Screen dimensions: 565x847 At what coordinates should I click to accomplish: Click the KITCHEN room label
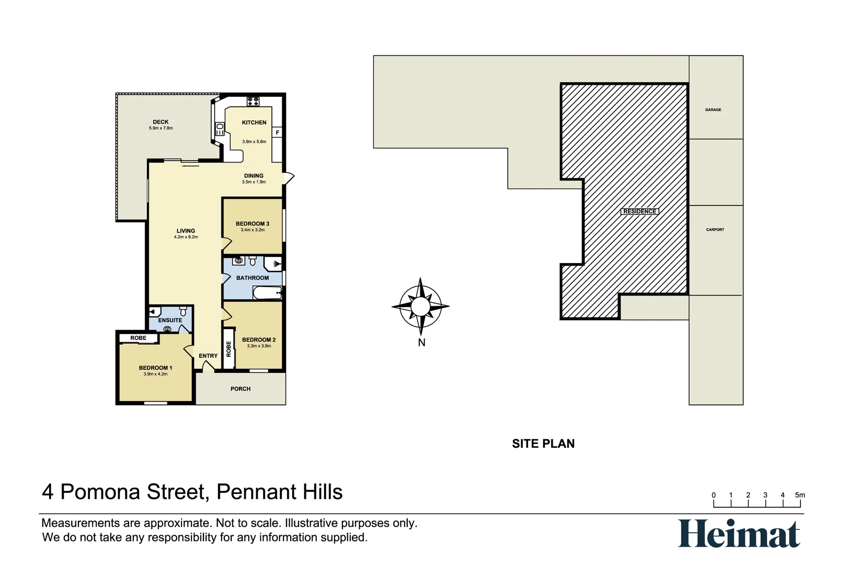tap(254, 122)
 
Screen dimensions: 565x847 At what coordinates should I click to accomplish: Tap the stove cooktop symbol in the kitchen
tap(253, 101)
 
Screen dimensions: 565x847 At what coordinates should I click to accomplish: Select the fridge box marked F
tap(277, 132)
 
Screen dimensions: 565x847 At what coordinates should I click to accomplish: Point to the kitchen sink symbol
tap(220, 129)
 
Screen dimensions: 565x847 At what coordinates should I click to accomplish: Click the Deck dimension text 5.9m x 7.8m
tap(161, 128)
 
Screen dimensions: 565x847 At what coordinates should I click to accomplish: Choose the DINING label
tap(254, 176)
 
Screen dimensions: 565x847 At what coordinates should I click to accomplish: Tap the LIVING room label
tap(186, 231)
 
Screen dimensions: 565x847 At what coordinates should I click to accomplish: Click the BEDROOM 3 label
tap(253, 224)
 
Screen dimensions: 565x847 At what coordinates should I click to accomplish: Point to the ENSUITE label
tap(170, 320)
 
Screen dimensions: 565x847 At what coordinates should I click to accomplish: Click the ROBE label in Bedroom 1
tap(138, 338)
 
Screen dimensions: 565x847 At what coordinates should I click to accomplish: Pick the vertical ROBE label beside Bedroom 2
tap(228, 348)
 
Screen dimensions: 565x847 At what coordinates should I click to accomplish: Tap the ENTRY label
tap(208, 356)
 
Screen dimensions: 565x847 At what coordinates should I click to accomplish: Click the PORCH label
tap(241, 389)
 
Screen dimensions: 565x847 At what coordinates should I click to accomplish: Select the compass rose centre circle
tap(420, 306)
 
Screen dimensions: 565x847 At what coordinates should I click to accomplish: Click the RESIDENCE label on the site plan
tap(639, 211)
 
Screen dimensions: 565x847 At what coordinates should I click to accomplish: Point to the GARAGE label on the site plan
tap(713, 110)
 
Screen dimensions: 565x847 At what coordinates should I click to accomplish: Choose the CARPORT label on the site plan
tap(715, 230)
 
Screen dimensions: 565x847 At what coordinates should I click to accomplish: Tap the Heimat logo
tap(739, 534)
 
